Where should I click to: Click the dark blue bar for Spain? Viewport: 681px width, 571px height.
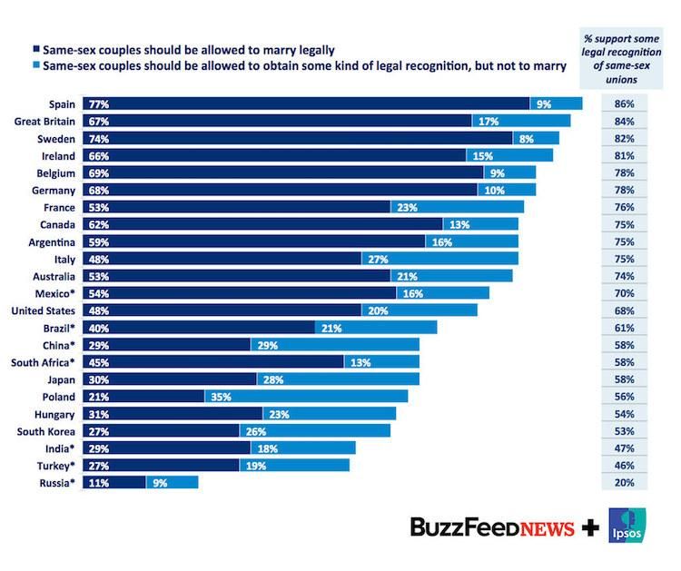[x=306, y=104]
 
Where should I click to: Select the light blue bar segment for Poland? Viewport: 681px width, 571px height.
[x=306, y=397]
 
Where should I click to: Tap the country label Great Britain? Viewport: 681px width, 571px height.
[x=44, y=121]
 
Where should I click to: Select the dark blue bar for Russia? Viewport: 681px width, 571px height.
[x=114, y=483]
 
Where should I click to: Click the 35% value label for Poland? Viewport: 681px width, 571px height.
[x=220, y=397]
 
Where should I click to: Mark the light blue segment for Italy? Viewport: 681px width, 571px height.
[x=439, y=259]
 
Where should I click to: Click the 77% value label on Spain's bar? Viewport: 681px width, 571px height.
[x=96, y=104]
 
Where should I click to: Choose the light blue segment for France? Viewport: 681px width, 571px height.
[x=457, y=207]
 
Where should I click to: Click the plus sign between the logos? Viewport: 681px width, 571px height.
[x=590, y=527]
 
